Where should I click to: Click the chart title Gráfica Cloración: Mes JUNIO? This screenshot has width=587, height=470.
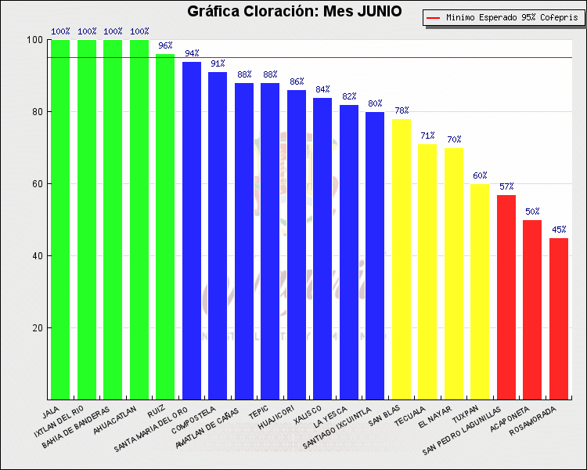(293, 12)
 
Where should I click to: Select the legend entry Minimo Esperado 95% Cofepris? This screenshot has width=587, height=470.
(504, 17)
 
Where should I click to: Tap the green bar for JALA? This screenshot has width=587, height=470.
(60, 219)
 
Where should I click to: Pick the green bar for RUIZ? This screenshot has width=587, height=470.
(165, 227)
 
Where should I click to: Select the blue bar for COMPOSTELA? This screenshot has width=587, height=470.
(218, 235)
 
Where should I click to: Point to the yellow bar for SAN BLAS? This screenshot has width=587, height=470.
(402, 258)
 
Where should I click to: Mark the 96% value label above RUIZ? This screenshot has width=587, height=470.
(165, 45)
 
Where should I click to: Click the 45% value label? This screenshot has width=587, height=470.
(559, 230)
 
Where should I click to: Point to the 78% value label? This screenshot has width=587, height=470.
(402, 110)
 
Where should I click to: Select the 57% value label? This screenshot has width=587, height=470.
(506, 186)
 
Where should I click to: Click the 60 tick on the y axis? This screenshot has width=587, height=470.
(36, 184)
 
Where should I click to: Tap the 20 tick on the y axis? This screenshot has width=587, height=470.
(36, 328)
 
